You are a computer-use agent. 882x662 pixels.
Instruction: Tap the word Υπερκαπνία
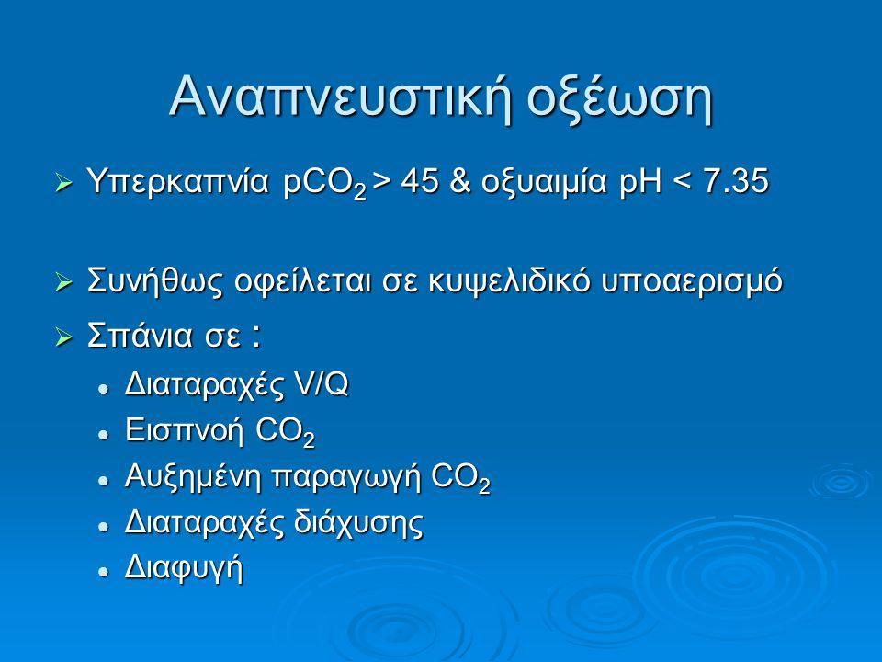(178, 182)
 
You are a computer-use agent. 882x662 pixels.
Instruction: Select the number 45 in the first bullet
(420, 182)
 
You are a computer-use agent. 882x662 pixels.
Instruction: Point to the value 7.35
(736, 182)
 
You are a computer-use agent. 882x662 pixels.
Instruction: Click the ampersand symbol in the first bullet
(460, 182)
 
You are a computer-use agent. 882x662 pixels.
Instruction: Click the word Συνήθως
(156, 281)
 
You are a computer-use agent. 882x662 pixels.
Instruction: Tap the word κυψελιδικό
(510, 282)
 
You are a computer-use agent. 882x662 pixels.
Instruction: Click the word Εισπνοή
(185, 430)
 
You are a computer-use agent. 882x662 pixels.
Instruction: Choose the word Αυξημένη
(194, 477)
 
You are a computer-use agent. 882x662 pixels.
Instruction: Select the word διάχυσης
(358, 522)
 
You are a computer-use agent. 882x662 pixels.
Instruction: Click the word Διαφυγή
(184, 568)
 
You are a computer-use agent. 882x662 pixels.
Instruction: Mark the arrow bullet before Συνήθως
(64, 283)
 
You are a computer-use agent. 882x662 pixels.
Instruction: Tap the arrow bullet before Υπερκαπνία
(64, 184)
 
